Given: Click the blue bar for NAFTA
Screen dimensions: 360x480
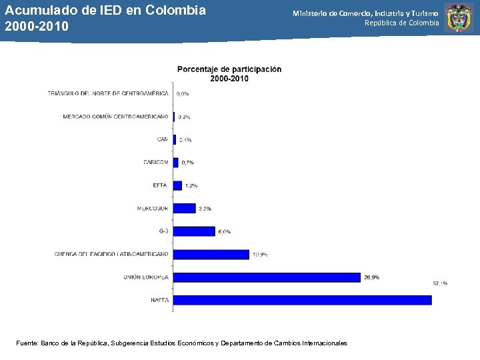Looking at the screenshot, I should tap(303, 300).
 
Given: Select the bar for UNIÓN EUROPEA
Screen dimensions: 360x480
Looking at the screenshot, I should tap(267, 277).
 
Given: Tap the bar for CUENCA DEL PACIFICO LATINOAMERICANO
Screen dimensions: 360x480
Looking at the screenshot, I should tap(211, 254).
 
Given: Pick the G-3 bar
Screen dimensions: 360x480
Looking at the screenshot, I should tap(194, 231).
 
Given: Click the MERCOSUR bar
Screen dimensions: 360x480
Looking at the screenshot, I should tap(185, 209).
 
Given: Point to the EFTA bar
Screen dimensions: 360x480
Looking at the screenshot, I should tap(177, 185).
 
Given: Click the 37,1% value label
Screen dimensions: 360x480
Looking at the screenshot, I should tap(440, 283).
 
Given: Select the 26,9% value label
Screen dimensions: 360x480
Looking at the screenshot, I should tap(371, 277).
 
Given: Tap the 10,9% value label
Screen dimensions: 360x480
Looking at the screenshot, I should tap(260, 254).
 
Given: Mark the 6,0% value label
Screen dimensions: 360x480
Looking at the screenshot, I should tap(224, 231).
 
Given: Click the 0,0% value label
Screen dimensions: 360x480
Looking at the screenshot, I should tap(183, 94).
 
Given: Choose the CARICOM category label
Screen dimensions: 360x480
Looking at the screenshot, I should tap(156, 163).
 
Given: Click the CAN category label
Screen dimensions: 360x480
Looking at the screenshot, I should tap(163, 139).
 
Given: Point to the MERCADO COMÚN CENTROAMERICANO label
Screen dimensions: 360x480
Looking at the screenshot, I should tap(115, 117).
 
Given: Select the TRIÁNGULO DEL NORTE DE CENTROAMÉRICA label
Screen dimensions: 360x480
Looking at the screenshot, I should tap(108, 94).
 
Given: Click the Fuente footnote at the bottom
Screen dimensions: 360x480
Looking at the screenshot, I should tap(181, 343).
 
